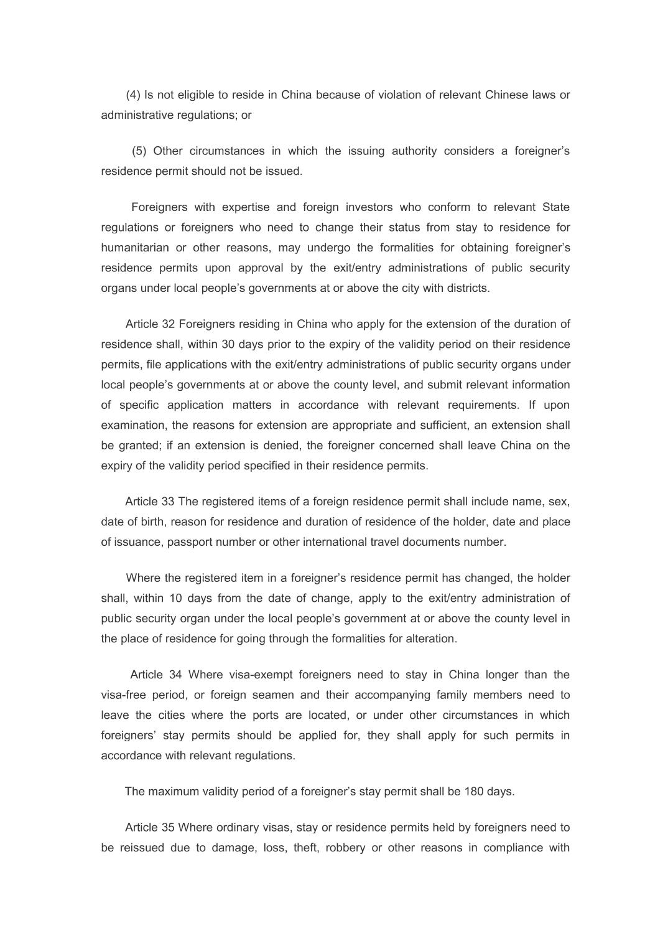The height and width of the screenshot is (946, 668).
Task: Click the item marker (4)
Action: (132, 95)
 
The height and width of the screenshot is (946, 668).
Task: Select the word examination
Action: (133, 425)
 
